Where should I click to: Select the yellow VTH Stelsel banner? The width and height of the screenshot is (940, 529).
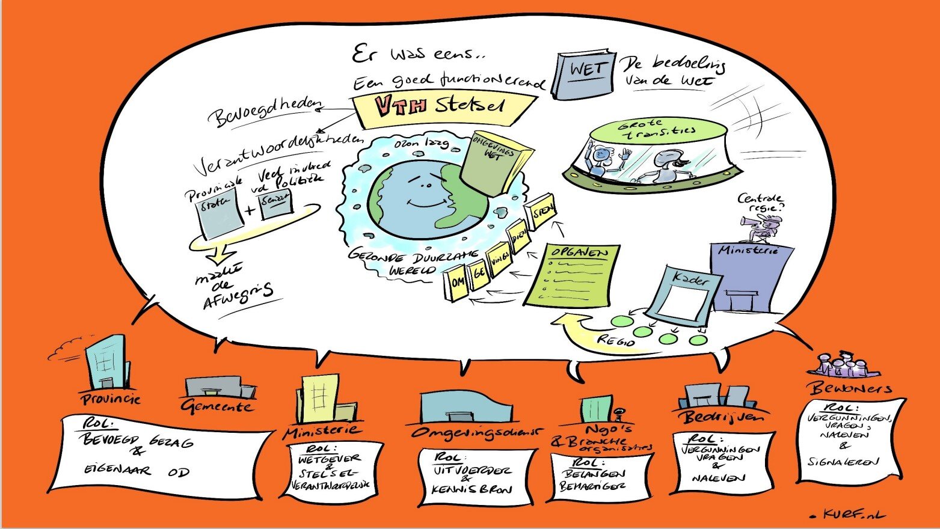coord(441,107)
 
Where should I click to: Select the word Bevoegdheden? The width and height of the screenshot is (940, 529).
coord(265,111)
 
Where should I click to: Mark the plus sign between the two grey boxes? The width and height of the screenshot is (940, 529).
coord(250,210)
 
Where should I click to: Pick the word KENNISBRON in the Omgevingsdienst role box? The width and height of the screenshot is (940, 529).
coord(472,489)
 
